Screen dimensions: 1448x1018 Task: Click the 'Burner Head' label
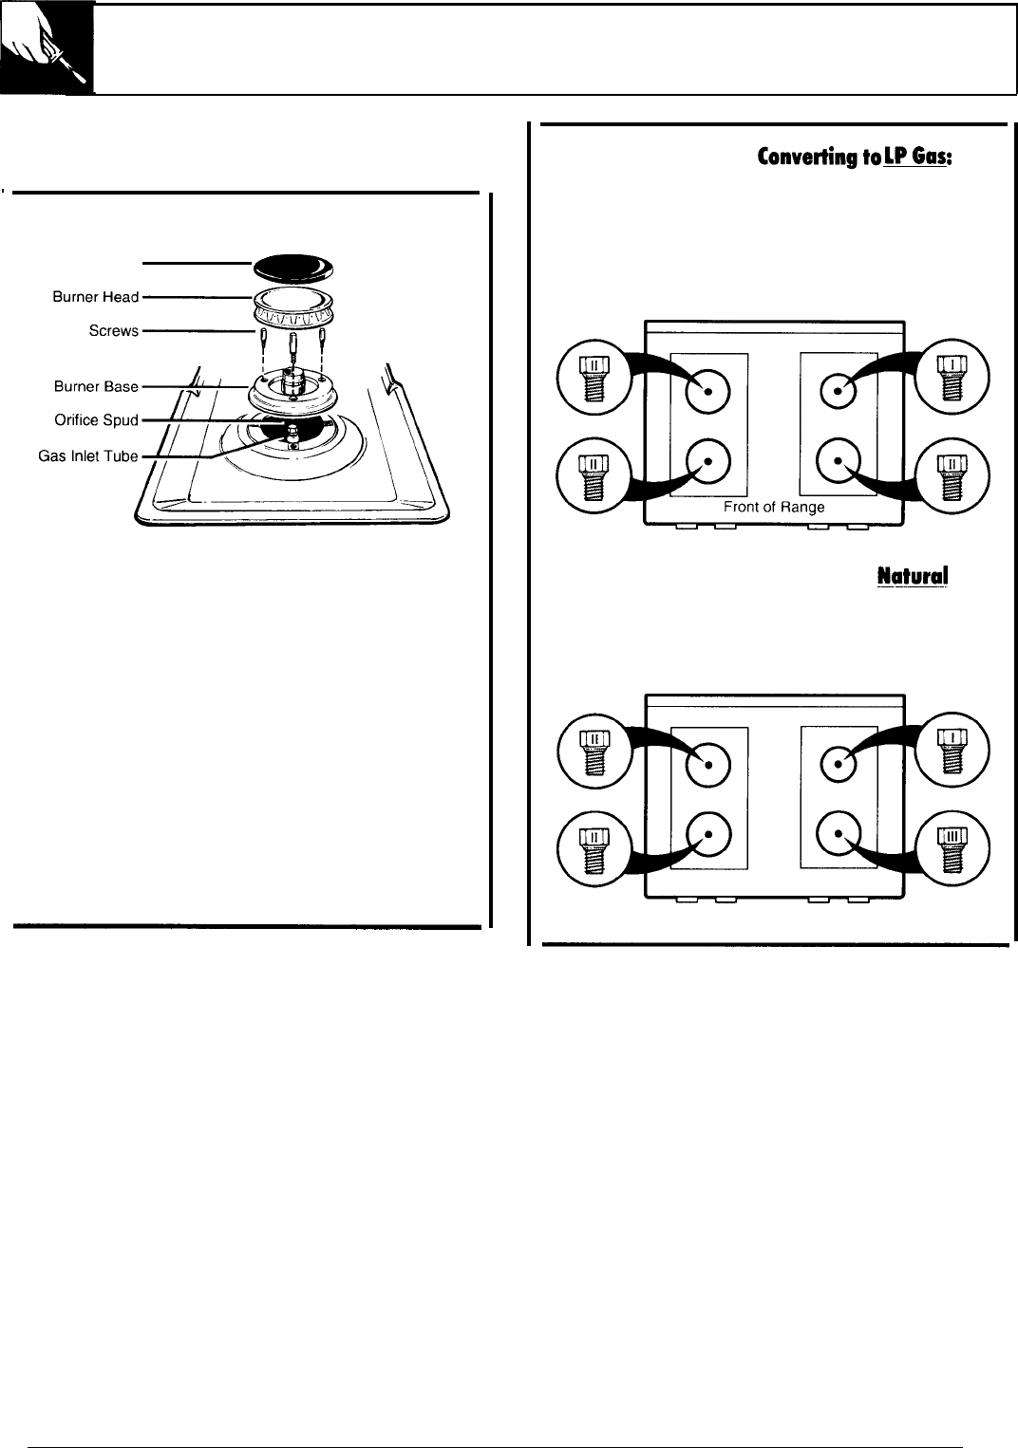[x=95, y=297]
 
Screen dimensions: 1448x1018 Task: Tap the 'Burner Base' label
[x=95, y=387]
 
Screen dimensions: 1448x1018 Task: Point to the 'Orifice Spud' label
[x=96, y=420]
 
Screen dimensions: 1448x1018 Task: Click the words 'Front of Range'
[x=774, y=507]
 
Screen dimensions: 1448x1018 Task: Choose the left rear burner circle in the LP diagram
[x=708, y=390]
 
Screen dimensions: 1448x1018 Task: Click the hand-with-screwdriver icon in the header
[x=47, y=48]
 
